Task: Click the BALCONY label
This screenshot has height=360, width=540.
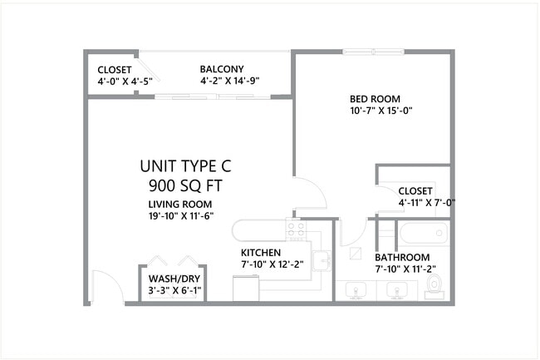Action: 221,69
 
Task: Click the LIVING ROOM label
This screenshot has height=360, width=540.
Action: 180,205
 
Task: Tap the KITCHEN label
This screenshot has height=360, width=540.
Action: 261,252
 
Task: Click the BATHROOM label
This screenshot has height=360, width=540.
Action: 402,257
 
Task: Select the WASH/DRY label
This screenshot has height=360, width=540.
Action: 174,279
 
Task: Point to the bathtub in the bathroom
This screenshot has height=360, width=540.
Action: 424,233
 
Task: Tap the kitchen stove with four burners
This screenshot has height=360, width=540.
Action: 296,229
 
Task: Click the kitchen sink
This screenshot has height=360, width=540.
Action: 322,260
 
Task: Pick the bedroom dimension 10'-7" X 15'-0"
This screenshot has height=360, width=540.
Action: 381,111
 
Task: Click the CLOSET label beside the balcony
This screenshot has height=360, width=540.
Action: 114,69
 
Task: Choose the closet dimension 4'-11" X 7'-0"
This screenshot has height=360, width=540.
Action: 427,202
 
